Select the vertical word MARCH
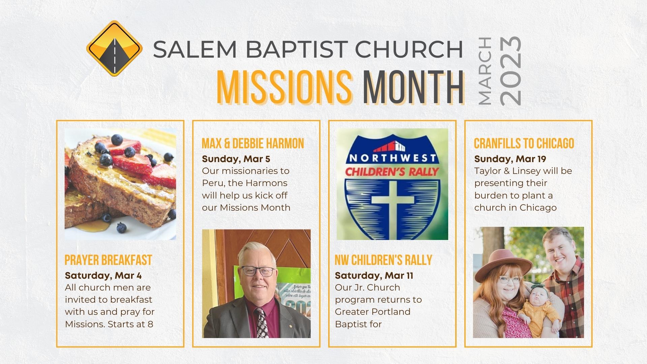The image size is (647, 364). point(485,70)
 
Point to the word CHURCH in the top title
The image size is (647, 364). point(409,49)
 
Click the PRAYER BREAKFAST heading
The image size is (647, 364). point(108,260)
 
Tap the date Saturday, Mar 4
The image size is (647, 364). point(103,275)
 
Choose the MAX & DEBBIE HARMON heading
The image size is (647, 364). point(253,143)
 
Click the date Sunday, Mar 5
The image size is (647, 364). point(236,159)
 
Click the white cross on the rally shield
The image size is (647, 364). point(393,199)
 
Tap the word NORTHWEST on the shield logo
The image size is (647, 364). point(392,158)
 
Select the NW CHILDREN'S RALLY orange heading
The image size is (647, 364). point(383,260)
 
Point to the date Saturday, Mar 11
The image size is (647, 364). point(374,275)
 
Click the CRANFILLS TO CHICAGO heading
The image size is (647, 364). point(524,143)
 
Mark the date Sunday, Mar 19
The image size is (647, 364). point(510,159)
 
